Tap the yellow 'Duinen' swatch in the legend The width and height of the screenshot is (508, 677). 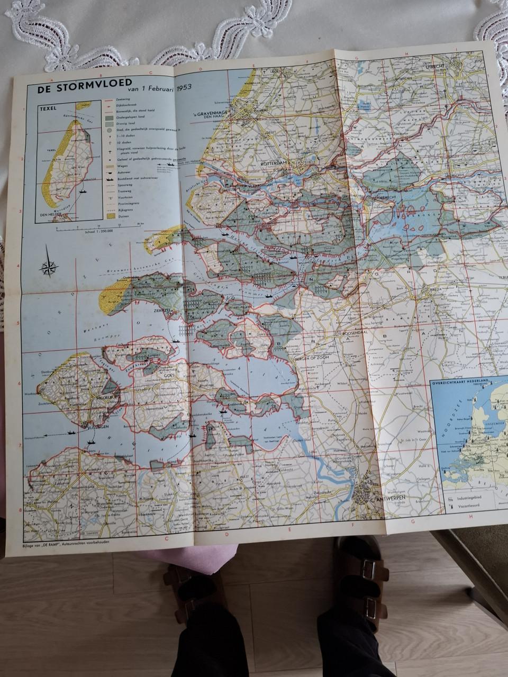tap(110, 216)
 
